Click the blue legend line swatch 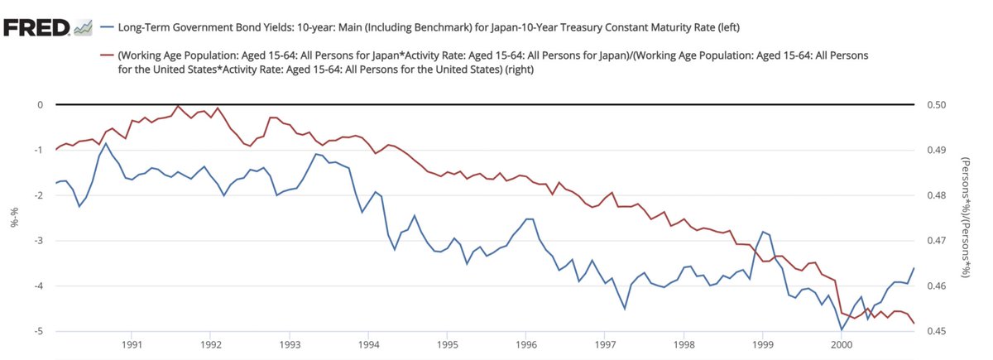pyautogui.click(x=106, y=28)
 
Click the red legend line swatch pyautogui.click(x=106, y=55)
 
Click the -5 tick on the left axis pyautogui.click(x=37, y=332)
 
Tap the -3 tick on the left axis pyautogui.click(x=37, y=241)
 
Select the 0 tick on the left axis pyautogui.click(x=39, y=105)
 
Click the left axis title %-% pyautogui.click(x=13, y=218)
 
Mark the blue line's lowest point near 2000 pyautogui.click(x=842, y=329)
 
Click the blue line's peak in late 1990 pyautogui.click(x=106, y=143)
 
